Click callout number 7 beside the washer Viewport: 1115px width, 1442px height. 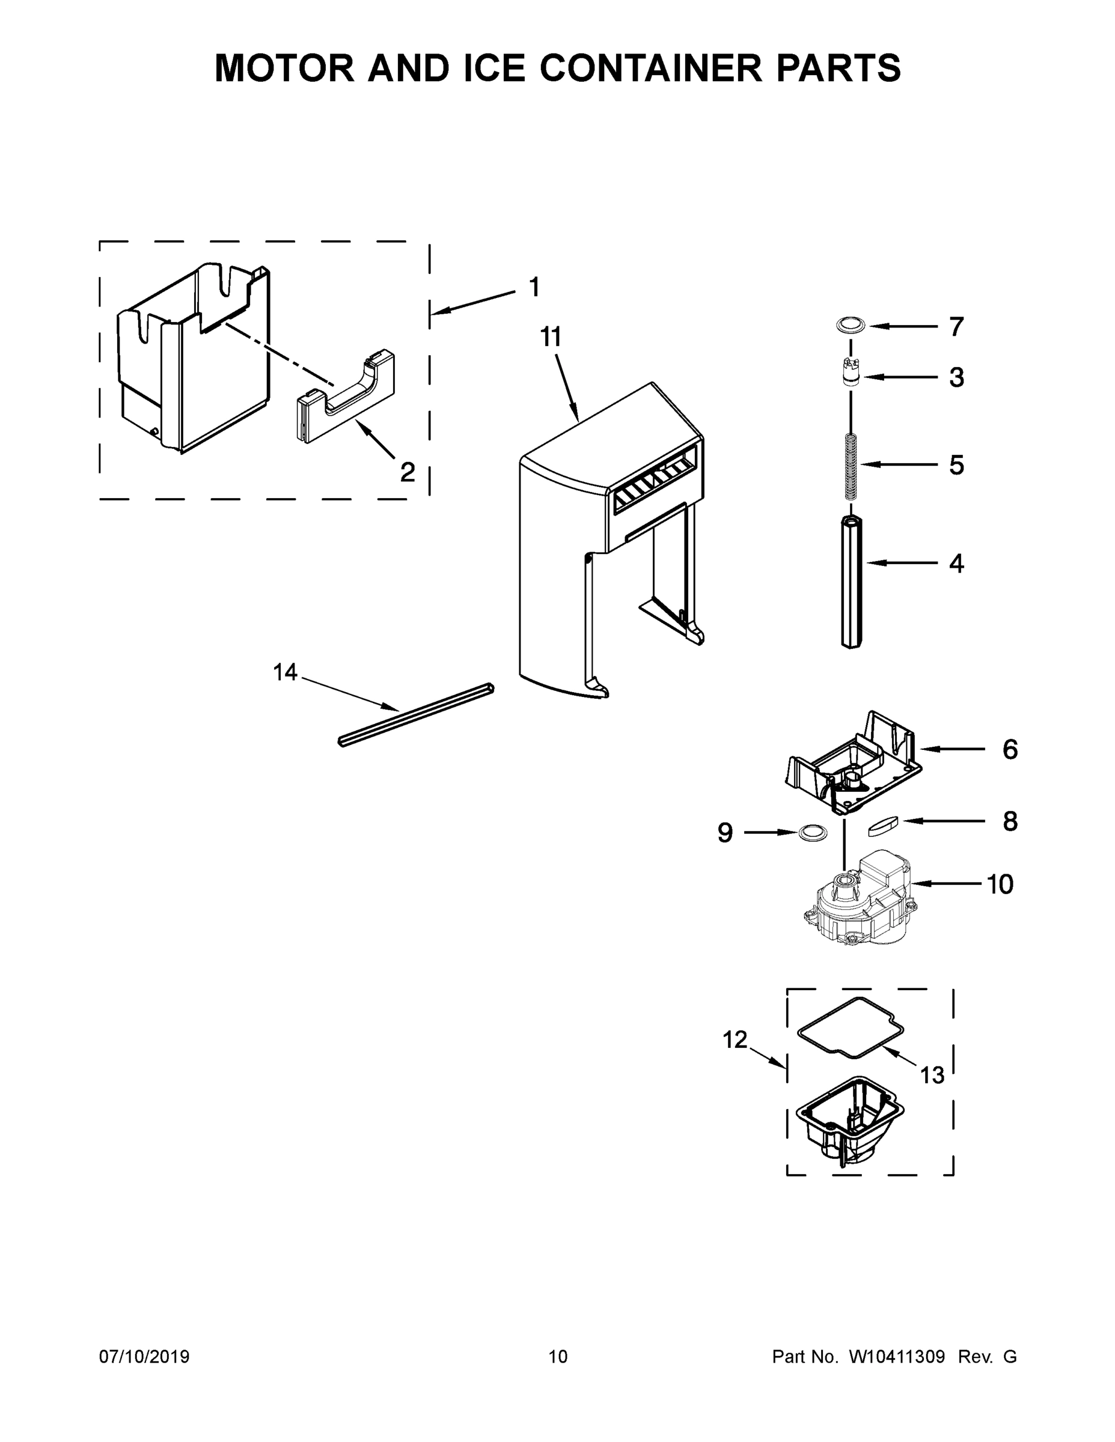pyautogui.click(x=956, y=327)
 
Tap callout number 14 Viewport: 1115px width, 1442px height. pyautogui.click(x=286, y=673)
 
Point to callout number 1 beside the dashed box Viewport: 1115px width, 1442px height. pyautogui.click(x=534, y=287)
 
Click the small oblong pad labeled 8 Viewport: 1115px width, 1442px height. pyautogui.click(x=883, y=826)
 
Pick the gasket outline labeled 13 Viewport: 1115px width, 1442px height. pyautogui.click(x=851, y=1028)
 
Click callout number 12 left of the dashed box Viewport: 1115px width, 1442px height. pyautogui.click(x=735, y=1040)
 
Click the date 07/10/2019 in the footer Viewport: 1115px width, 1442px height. pyautogui.click(x=144, y=1356)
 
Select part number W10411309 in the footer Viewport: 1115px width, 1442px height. pyautogui.click(x=896, y=1356)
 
